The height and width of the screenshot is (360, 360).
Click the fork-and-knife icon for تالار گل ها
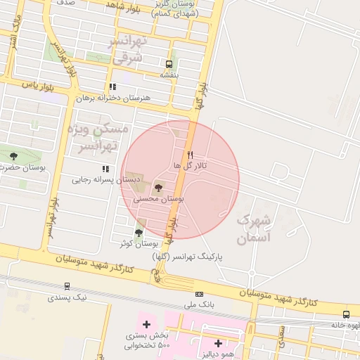tap(189, 154)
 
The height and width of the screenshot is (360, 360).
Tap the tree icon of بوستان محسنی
tap(157, 188)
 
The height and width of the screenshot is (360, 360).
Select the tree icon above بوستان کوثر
tap(139, 233)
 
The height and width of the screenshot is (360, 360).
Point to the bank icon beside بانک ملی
tap(200, 294)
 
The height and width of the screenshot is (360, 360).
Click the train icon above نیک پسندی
tap(67, 286)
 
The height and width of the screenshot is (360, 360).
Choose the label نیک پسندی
tap(69, 297)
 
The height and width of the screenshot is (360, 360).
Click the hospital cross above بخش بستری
tap(146, 324)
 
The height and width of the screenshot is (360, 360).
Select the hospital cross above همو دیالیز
tap(218, 344)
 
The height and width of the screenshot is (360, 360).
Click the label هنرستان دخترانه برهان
tap(116, 98)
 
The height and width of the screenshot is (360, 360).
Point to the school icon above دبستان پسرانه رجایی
tap(105, 169)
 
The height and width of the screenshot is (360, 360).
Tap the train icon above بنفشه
tap(168, 63)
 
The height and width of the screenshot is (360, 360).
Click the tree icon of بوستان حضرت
tap(13, 156)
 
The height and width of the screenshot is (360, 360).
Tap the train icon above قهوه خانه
tap(346, 314)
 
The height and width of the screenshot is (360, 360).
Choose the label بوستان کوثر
tap(138, 243)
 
